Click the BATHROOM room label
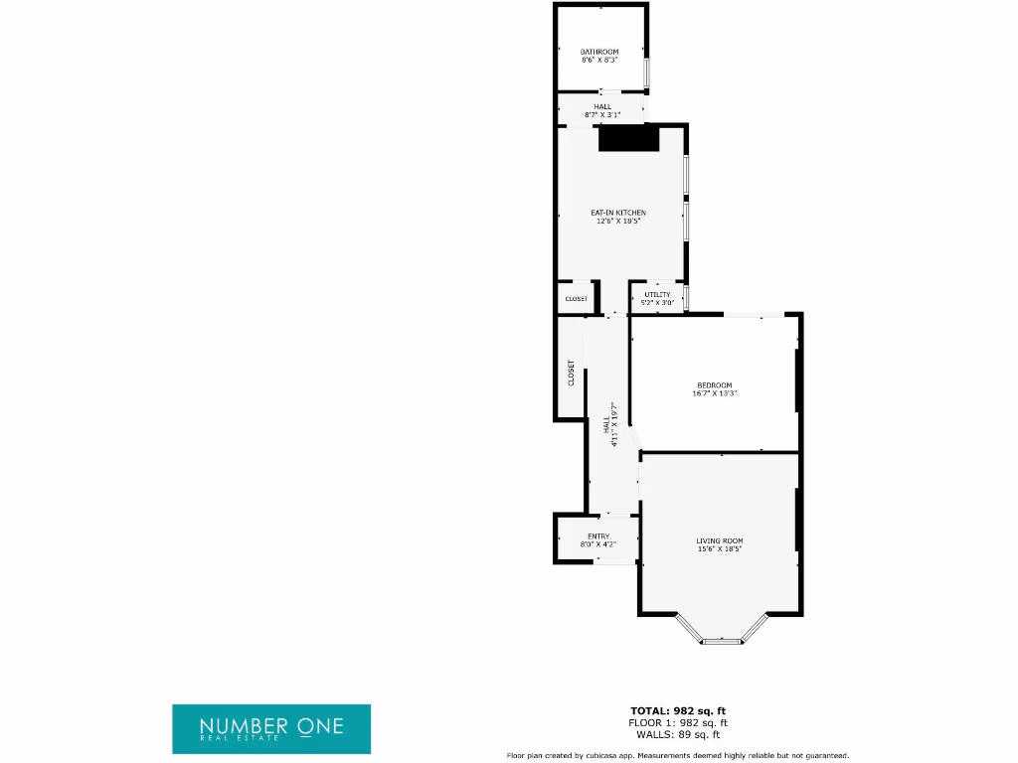pos(599,52)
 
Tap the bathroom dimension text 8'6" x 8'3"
pos(599,60)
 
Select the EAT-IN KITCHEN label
pos(618,213)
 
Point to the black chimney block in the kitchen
pos(629,139)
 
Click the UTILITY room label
pos(657,294)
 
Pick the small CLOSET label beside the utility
pos(577,299)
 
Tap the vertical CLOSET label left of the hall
pos(571,373)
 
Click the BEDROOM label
pos(714,385)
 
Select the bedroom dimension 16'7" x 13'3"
pos(714,393)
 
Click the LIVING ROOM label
pos(719,540)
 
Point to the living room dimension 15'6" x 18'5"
pos(719,548)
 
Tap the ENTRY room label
pos(598,536)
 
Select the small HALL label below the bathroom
pos(602,106)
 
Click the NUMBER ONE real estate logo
pos(271,729)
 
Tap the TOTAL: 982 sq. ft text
pos(678,710)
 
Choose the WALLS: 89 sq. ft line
pos(678,734)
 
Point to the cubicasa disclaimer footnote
pos(678,755)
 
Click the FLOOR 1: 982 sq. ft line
pos(678,722)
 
